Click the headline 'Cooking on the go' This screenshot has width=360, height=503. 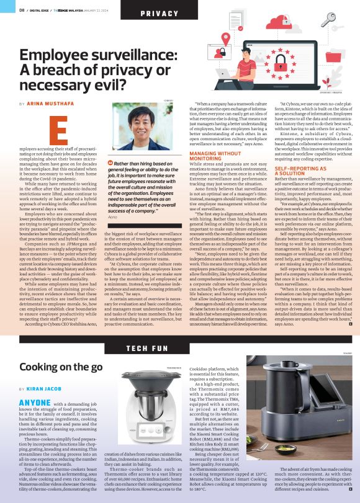pyautogui.click(x=61, y=367)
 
